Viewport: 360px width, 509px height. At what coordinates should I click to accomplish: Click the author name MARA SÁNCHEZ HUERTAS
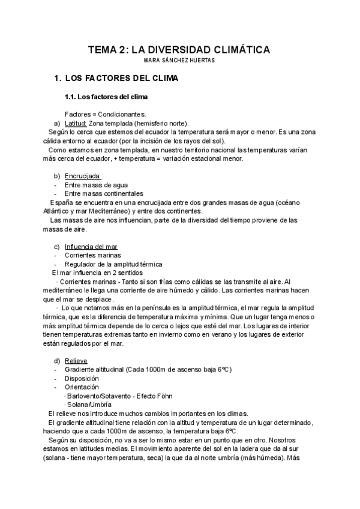[180, 61]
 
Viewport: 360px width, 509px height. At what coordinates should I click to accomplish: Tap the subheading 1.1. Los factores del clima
[106, 97]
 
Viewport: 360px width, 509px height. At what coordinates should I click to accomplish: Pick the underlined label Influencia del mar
[91, 247]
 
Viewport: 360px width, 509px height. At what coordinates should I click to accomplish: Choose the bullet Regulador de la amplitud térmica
[113, 264]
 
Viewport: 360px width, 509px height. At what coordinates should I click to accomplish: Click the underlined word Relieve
[76, 361]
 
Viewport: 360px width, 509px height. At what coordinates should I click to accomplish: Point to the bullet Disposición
[83, 379]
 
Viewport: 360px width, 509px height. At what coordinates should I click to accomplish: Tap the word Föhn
[173, 397]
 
